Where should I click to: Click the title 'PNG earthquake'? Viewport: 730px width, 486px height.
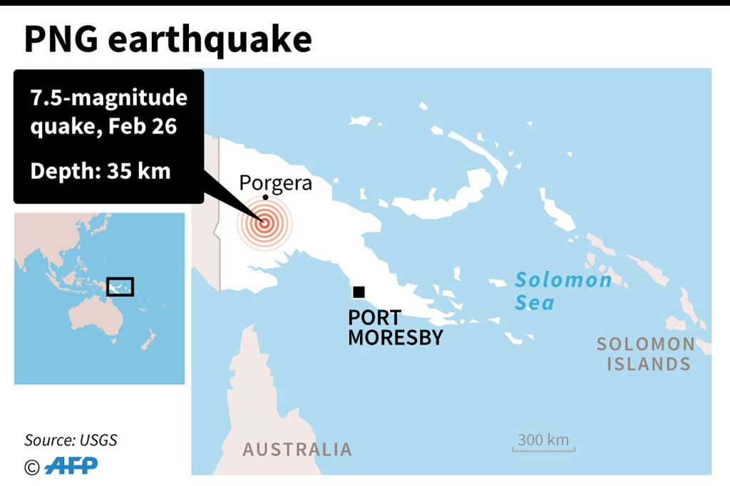click(168, 40)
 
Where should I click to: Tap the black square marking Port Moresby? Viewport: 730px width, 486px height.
click(359, 291)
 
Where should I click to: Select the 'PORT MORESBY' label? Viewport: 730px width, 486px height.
click(395, 327)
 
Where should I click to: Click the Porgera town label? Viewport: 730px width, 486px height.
click(275, 183)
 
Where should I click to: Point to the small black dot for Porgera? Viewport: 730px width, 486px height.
click(265, 197)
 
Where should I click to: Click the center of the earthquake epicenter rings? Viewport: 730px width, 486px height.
click(264, 222)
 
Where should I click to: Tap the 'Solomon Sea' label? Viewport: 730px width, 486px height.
click(562, 291)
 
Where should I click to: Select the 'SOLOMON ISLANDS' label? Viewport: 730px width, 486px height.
click(645, 354)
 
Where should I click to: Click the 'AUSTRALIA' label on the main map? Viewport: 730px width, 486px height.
click(297, 450)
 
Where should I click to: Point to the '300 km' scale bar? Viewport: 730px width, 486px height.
click(543, 443)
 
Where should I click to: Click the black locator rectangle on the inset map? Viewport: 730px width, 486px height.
click(120, 286)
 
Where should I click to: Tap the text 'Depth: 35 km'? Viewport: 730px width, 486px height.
click(100, 171)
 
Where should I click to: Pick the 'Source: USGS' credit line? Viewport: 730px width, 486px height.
click(71, 440)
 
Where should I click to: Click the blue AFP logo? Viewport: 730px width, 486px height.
click(71, 466)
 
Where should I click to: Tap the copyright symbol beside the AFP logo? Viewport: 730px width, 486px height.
click(31, 467)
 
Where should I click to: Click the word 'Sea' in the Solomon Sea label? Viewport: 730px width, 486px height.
click(535, 303)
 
